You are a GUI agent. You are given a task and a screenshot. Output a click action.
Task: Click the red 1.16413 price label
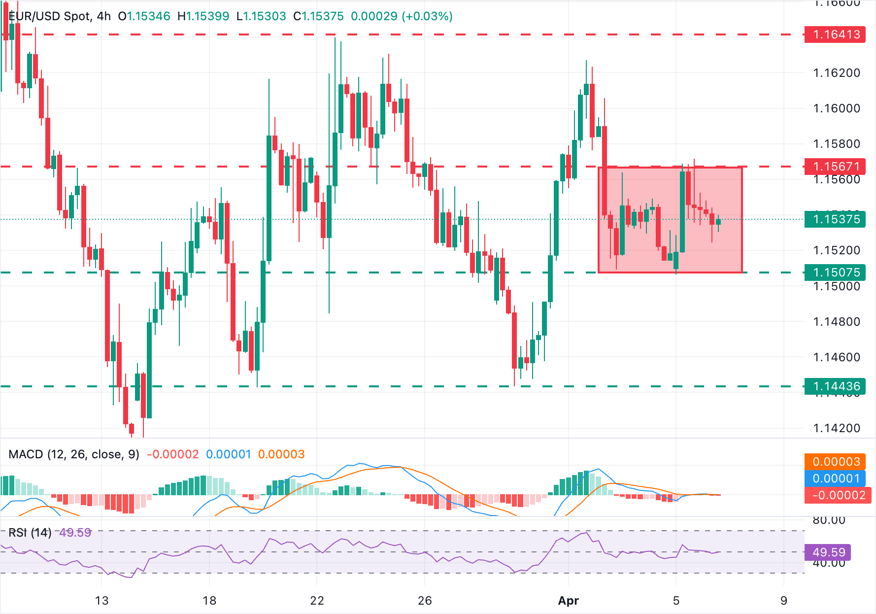pyautogui.click(x=836, y=34)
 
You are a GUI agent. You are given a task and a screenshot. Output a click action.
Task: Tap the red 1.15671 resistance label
pyautogui.click(x=836, y=167)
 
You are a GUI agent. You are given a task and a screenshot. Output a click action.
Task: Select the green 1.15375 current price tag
pyautogui.click(x=836, y=219)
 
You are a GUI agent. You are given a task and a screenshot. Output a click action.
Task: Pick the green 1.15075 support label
pyautogui.click(x=836, y=273)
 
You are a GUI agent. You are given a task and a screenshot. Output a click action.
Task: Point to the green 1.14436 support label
pyautogui.click(x=836, y=386)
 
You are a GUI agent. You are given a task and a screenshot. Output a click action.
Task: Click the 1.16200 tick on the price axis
pyautogui.click(x=836, y=73)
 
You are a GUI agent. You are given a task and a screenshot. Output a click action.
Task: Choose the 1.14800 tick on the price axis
pyautogui.click(x=836, y=322)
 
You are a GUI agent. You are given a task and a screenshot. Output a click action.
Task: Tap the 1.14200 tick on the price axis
pyautogui.click(x=836, y=428)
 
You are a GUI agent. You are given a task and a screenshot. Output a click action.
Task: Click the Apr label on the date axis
pyautogui.click(x=568, y=601)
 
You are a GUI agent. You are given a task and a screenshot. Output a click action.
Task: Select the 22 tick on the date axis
pyautogui.click(x=317, y=601)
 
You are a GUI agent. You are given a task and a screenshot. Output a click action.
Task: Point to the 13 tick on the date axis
pyautogui.click(x=101, y=601)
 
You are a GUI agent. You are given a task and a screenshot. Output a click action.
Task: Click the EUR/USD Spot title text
pyautogui.click(x=49, y=16)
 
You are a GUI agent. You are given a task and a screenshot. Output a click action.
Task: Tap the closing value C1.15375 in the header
pyautogui.click(x=318, y=16)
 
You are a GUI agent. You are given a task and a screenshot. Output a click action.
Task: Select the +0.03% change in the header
pyautogui.click(x=427, y=16)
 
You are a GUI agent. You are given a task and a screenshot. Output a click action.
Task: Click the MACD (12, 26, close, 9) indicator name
pyautogui.click(x=74, y=454)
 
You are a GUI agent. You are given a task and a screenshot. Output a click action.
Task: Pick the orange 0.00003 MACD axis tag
pyautogui.click(x=836, y=462)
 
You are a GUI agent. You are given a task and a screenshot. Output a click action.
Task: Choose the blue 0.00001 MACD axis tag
pyautogui.click(x=836, y=478)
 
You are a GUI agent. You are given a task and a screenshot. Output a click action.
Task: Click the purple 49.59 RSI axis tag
pyautogui.click(x=828, y=552)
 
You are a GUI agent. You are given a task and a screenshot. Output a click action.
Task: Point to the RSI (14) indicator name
pyautogui.click(x=30, y=533)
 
